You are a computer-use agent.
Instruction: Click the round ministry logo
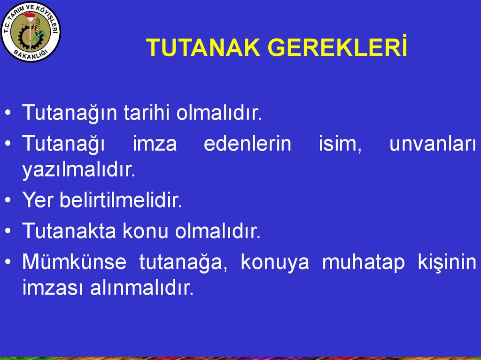pos(31,31)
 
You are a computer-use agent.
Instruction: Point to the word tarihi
pos(147,113)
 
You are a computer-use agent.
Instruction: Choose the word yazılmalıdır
pos(78,170)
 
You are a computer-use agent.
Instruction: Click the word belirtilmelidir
pos(120,201)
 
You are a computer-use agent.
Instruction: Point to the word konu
pos(146,231)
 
